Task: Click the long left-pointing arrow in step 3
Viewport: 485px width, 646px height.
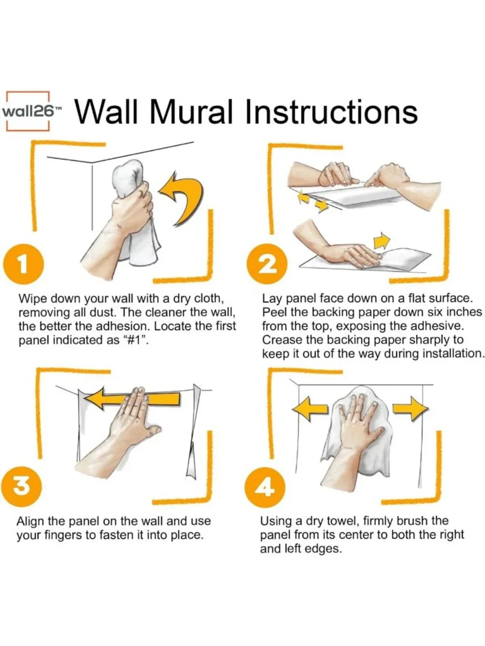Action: click(x=132, y=399)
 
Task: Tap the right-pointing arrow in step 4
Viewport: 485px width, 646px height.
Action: click(x=410, y=408)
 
